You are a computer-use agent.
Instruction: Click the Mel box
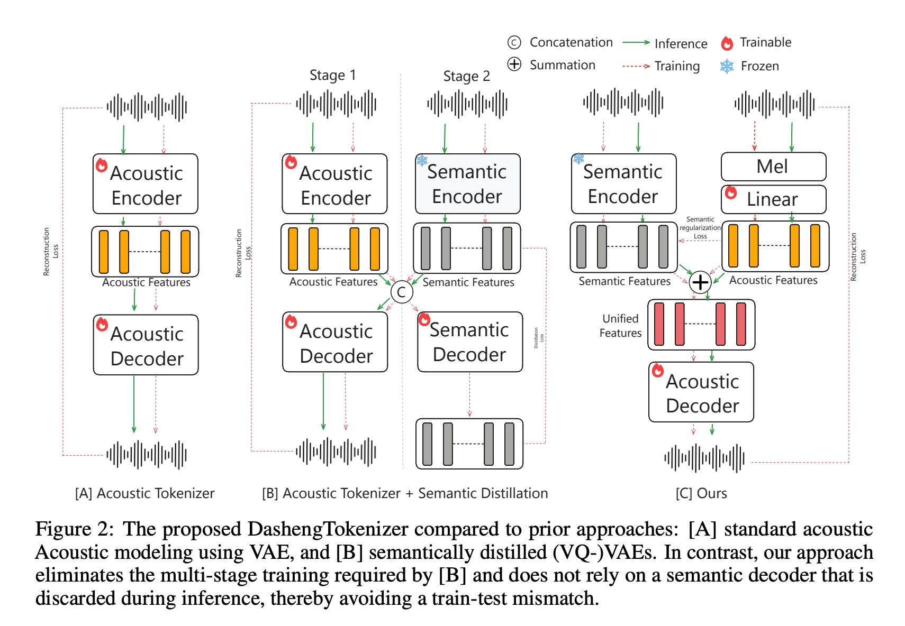[773, 167]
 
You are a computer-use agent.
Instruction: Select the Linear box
[773, 199]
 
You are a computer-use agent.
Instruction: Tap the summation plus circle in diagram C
[700, 282]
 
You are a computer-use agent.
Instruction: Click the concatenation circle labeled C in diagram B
[401, 292]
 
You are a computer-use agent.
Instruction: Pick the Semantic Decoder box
[469, 342]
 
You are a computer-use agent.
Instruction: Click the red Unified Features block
[701, 325]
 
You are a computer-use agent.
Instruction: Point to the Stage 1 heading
[332, 75]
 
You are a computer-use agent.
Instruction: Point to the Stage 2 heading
[466, 76]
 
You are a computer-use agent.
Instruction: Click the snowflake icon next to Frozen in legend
[727, 66]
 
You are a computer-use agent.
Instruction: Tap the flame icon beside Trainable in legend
[727, 43]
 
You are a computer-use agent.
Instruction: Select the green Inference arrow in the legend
[636, 43]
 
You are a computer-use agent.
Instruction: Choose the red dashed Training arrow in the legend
[636, 66]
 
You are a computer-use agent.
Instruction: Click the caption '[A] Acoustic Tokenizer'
[144, 493]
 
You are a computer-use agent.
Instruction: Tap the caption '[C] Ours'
[701, 493]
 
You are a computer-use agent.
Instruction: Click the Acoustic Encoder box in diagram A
[146, 184]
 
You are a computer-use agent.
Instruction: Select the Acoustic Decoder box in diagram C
[701, 392]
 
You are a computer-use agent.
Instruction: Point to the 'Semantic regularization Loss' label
[700, 228]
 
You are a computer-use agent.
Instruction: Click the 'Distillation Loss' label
[538, 337]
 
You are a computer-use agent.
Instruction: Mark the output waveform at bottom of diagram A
[147, 454]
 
